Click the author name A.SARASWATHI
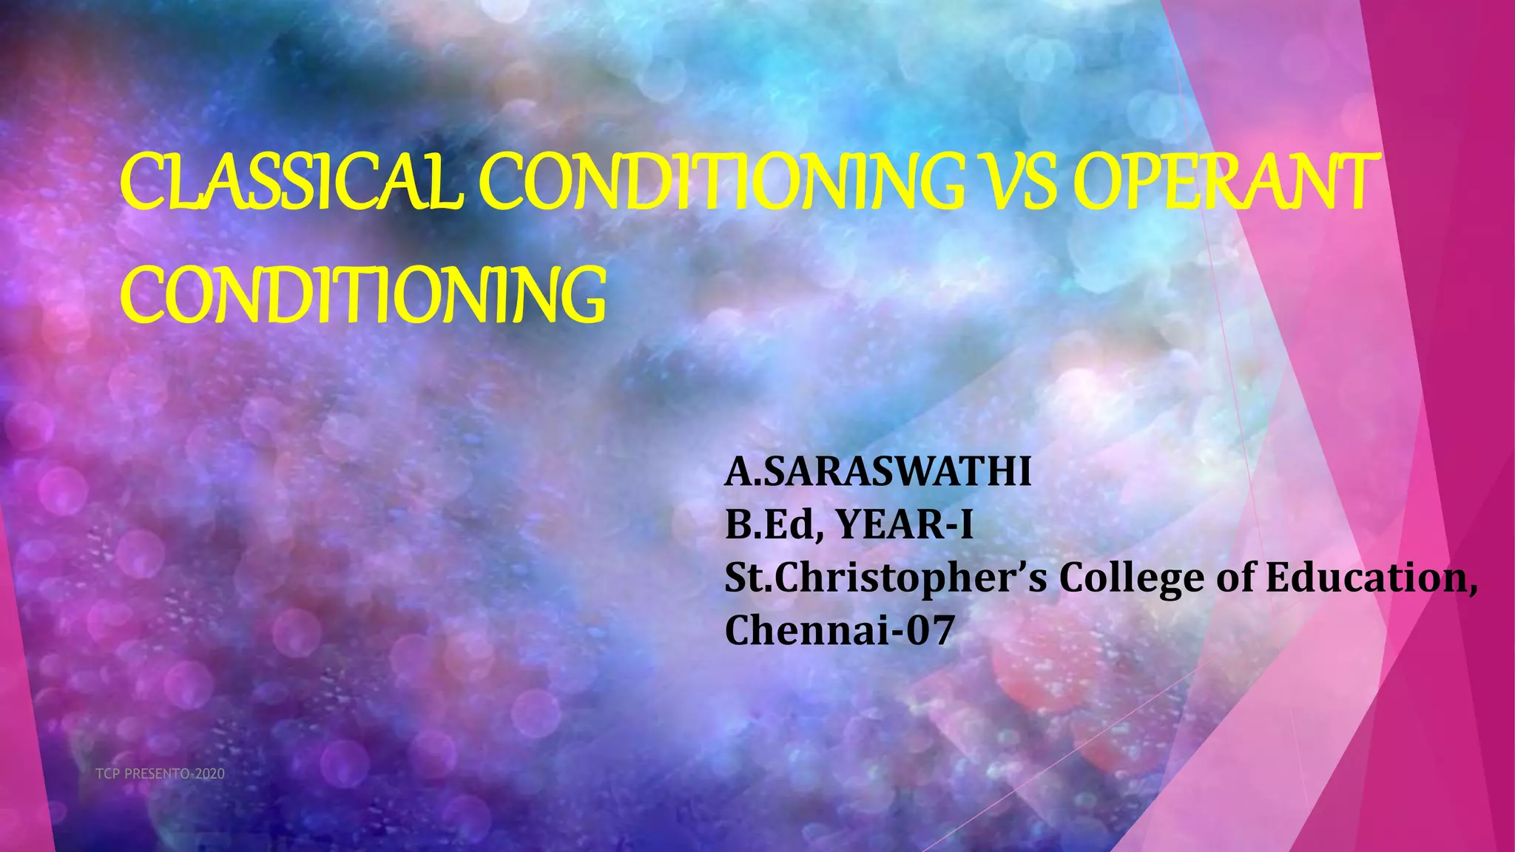pos(878,472)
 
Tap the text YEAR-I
pos(904,525)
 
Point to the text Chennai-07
pos(839,631)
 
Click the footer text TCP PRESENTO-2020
pos(160,774)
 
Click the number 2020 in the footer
pos(210,774)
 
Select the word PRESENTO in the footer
pos(156,774)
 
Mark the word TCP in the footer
pos(107,774)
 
